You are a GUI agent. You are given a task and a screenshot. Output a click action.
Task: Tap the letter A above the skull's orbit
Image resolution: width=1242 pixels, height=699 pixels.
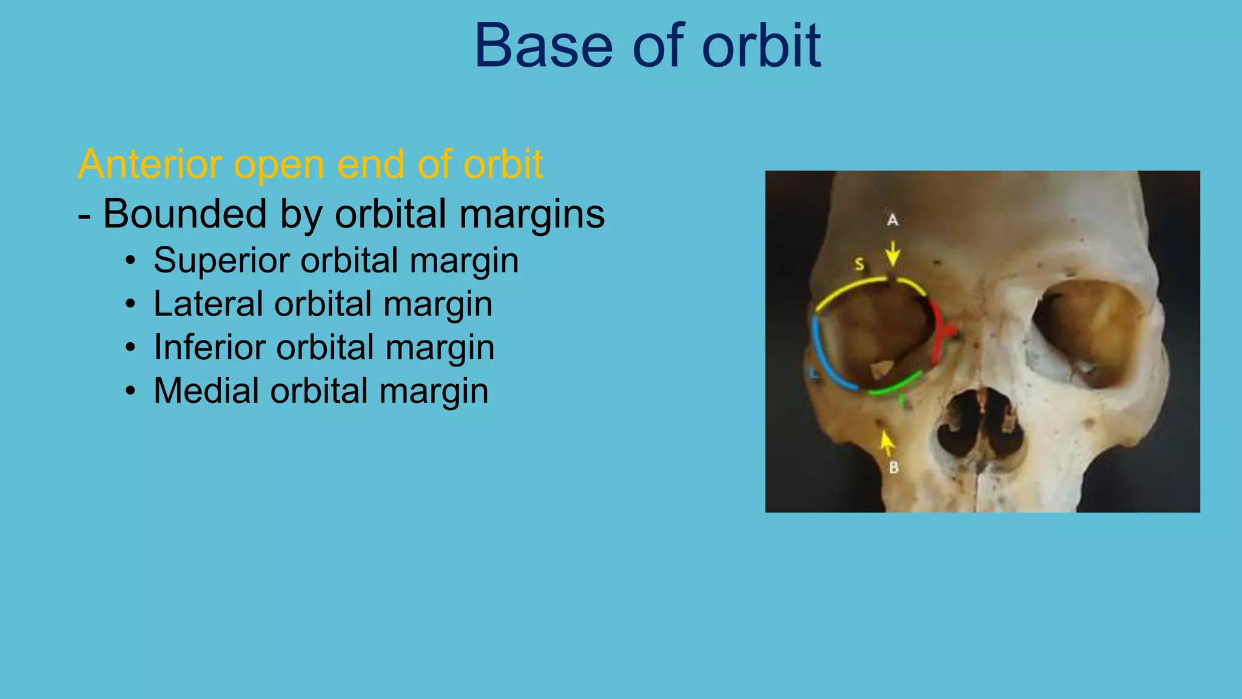coord(892,220)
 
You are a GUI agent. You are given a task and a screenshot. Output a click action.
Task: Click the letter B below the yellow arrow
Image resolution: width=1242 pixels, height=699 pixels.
coord(893,468)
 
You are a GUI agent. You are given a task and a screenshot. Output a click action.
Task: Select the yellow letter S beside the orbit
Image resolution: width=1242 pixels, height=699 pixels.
coord(859,264)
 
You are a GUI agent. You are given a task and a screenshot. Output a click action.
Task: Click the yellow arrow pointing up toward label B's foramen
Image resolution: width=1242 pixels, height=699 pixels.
coord(887,443)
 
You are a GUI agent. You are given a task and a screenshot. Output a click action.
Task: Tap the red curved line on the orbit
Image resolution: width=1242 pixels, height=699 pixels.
coord(938,334)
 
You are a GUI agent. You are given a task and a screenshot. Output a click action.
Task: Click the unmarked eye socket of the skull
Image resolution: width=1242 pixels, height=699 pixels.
coord(1089,331)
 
